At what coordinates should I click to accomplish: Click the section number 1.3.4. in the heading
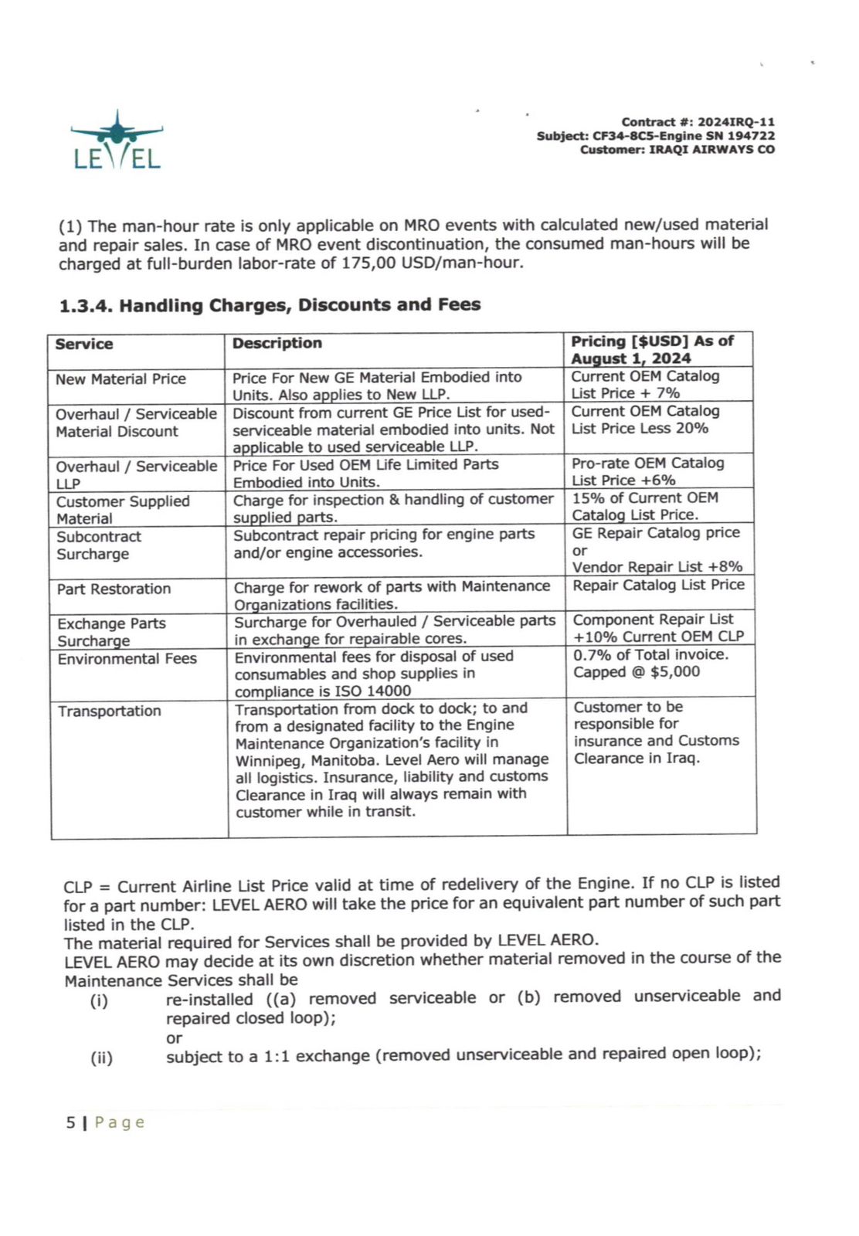[x=86, y=306]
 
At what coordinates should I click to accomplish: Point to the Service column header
[x=84, y=345]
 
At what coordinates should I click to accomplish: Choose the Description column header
[x=277, y=344]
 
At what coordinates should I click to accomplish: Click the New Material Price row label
[x=121, y=379]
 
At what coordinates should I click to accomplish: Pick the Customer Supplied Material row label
[x=122, y=510]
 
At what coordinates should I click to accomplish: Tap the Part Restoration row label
[x=114, y=589]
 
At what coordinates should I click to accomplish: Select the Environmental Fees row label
[x=127, y=659]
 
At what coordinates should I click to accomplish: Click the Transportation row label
[x=109, y=711]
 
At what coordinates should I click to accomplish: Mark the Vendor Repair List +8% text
[x=657, y=567]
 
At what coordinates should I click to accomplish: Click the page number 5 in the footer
[x=70, y=1122]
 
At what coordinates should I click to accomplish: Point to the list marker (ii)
[x=101, y=1058]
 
